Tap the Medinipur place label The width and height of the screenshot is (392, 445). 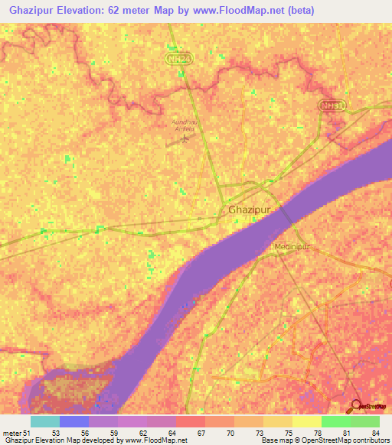pos(291,248)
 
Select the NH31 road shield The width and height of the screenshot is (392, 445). pos(333,106)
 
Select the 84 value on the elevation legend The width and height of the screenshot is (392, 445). pos(374,433)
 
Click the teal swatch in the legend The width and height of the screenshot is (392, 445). pos(45,421)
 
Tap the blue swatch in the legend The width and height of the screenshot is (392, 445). pos(74,421)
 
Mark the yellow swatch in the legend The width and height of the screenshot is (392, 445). pos(307,421)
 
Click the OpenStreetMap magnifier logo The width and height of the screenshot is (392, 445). pos(357,406)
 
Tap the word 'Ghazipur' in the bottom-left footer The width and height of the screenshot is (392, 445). pos(20,441)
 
